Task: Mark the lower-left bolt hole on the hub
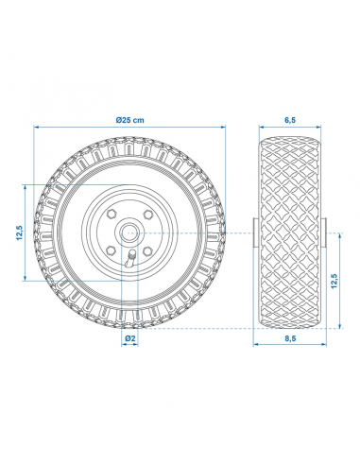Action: tap(111, 250)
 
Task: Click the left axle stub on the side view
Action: tap(254, 232)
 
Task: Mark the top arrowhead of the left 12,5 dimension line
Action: tap(28, 187)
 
